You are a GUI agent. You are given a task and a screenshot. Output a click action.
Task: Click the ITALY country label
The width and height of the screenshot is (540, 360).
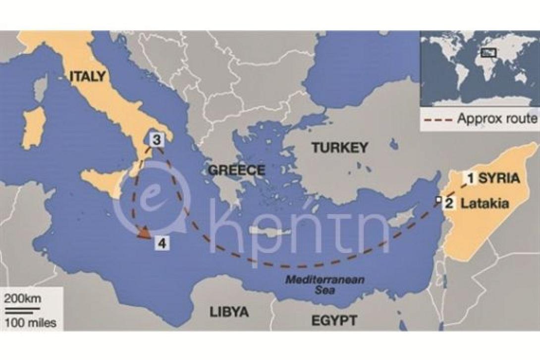tap(87, 76)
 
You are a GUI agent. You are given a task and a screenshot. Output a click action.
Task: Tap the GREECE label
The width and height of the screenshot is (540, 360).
tap(236, 170)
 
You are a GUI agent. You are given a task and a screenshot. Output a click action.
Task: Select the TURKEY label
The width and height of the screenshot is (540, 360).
tap(339, 147)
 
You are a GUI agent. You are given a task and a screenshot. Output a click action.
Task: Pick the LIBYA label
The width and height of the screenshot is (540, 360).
tap(229, 312)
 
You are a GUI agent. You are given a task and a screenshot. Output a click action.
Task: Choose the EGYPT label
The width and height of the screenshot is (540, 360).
tap(333, 320)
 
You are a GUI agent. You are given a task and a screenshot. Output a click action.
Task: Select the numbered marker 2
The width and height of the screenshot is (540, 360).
tap(449, 203)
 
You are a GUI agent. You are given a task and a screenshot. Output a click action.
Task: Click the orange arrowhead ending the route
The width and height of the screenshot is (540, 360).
tap(144, 232)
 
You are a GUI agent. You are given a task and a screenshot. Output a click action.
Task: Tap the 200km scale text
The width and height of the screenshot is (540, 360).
tap(23, 299)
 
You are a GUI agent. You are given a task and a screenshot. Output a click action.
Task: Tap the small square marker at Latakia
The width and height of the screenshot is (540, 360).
tap(438, 200)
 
